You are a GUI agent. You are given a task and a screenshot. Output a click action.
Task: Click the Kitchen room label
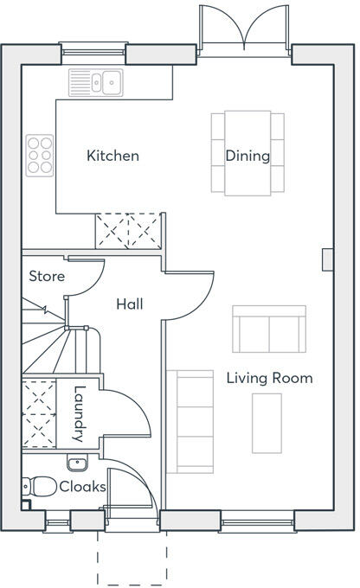coord(112,156)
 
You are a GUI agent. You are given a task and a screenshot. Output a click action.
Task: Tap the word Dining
coord(247,156)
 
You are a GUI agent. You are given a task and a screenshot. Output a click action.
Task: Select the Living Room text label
coord(269,378)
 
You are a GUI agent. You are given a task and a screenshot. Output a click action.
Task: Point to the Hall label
coord(130,304)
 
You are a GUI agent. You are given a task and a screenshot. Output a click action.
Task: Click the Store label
coord(47,277)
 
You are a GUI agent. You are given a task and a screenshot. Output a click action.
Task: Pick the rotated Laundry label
coord(79,413)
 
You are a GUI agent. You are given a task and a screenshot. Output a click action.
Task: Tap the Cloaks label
coord(82,487)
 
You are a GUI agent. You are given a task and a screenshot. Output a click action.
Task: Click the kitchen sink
coord(96,82)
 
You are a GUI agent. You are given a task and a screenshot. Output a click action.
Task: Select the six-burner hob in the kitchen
coord(40,156)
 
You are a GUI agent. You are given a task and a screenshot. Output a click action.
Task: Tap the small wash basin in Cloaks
coord(77,463)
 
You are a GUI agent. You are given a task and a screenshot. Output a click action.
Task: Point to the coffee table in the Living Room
coord(267,424)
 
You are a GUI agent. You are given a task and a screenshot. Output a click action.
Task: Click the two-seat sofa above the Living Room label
coord(269,329)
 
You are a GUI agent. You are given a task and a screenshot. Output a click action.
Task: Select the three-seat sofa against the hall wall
coord(190,421)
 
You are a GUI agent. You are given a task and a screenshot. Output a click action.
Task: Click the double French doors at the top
coord(244,30)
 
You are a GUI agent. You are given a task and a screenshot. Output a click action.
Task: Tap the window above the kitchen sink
coord(93,52)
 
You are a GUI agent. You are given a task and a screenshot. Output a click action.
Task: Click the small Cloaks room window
coord(57,522)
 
